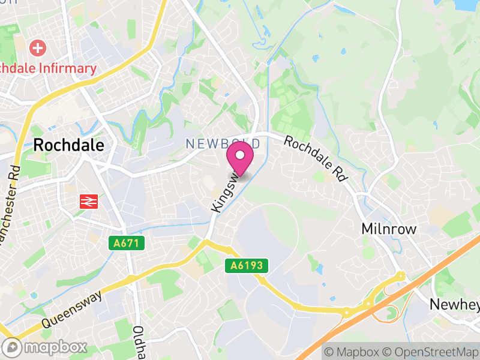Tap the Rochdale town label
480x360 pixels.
[69, 145]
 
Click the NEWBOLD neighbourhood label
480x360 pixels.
[223, 144]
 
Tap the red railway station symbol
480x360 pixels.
[88, 202]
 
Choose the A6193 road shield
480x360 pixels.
[246, 265]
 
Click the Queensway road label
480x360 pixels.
[73, 310]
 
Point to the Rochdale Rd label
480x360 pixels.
[316, 158]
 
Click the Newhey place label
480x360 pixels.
[455, 305]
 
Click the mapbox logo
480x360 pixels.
[45, 347]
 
